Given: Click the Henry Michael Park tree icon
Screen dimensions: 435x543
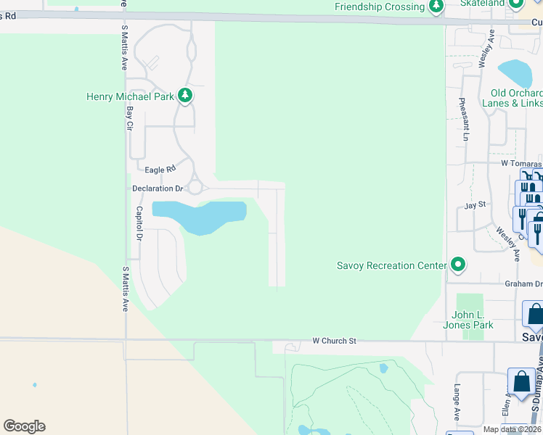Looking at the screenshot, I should point(185,96).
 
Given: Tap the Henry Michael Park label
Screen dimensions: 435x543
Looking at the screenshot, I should point(130,96).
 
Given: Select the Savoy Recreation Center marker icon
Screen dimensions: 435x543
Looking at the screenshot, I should point(457,265).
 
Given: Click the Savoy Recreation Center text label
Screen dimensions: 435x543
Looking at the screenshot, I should point(391,265).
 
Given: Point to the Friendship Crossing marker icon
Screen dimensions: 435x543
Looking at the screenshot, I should point(436,8).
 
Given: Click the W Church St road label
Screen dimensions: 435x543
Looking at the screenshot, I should point(335,340).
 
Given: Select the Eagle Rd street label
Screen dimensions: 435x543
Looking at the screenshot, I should point(160,169).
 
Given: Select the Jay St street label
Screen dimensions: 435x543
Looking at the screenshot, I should point(475,206).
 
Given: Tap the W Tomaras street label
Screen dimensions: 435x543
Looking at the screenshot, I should point(520,164).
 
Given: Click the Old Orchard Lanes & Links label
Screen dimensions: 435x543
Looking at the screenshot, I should point(516,98).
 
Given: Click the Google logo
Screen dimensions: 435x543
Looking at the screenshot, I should point(24,426).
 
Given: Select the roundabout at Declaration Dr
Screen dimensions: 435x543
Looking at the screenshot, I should point(195,188).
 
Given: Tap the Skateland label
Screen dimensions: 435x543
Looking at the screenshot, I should point(485,4).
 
